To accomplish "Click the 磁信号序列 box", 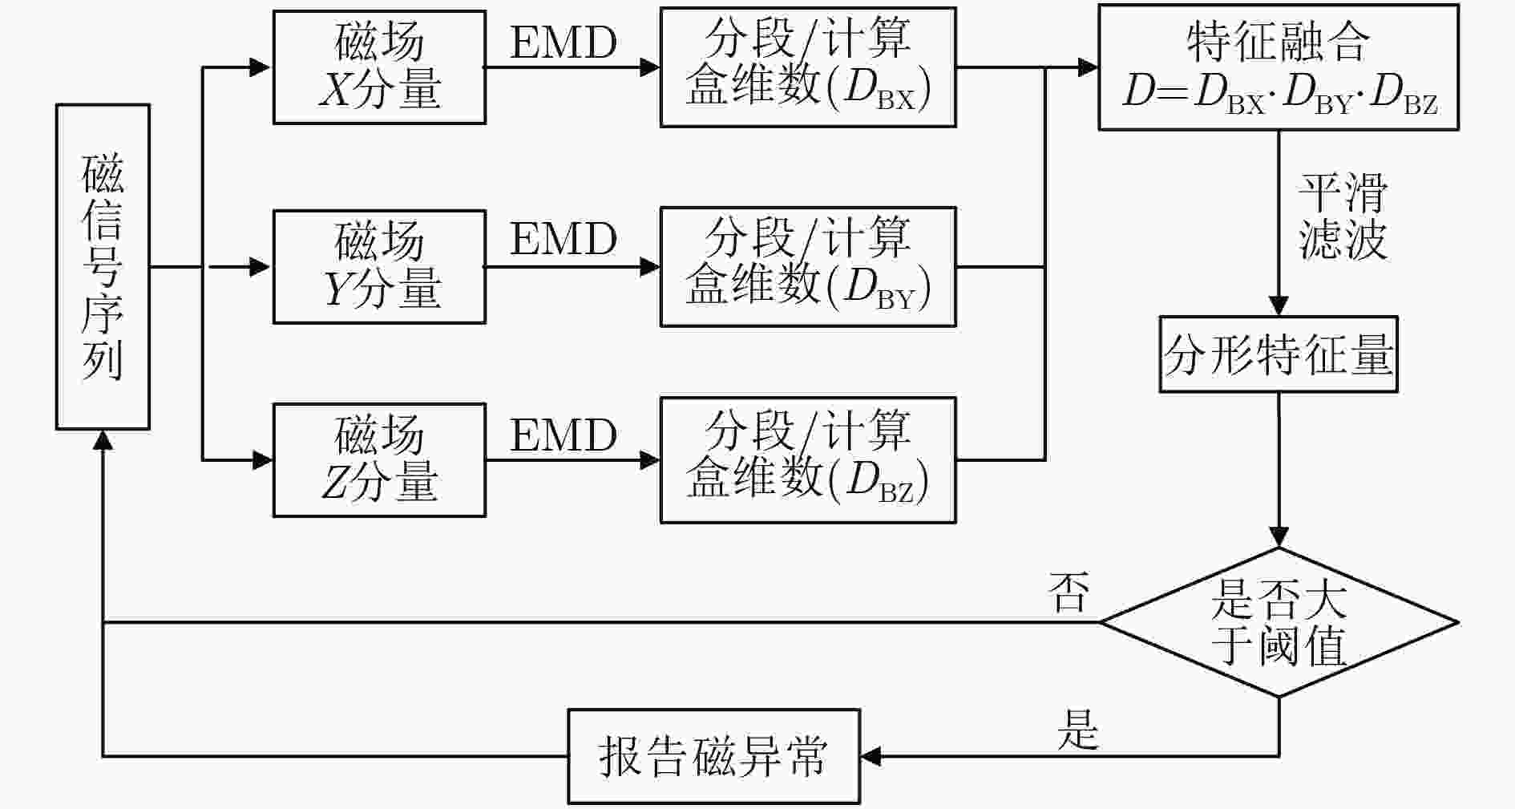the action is [103, 267].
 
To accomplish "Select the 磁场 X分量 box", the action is [379, 67].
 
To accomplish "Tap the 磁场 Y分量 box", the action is [379, 267].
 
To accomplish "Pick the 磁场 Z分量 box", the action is [379, 460].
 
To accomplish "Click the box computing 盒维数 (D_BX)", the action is [808, 67].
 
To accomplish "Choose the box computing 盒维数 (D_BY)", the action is [808, 267].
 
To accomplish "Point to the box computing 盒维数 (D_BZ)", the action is [808, 460].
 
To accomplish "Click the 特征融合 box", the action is [1279, 67].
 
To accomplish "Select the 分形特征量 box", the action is [1279, 354].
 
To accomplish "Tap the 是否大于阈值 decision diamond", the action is [1279, 622].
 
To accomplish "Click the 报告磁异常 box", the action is [713, 756].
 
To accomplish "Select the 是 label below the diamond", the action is [1078, 729].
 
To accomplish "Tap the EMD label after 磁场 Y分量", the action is [564, 239].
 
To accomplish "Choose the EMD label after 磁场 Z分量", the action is [564, 435].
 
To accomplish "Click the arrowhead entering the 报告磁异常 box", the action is [871, 756].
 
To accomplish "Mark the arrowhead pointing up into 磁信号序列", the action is [103, 440].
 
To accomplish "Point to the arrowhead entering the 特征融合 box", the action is [1088, 67].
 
